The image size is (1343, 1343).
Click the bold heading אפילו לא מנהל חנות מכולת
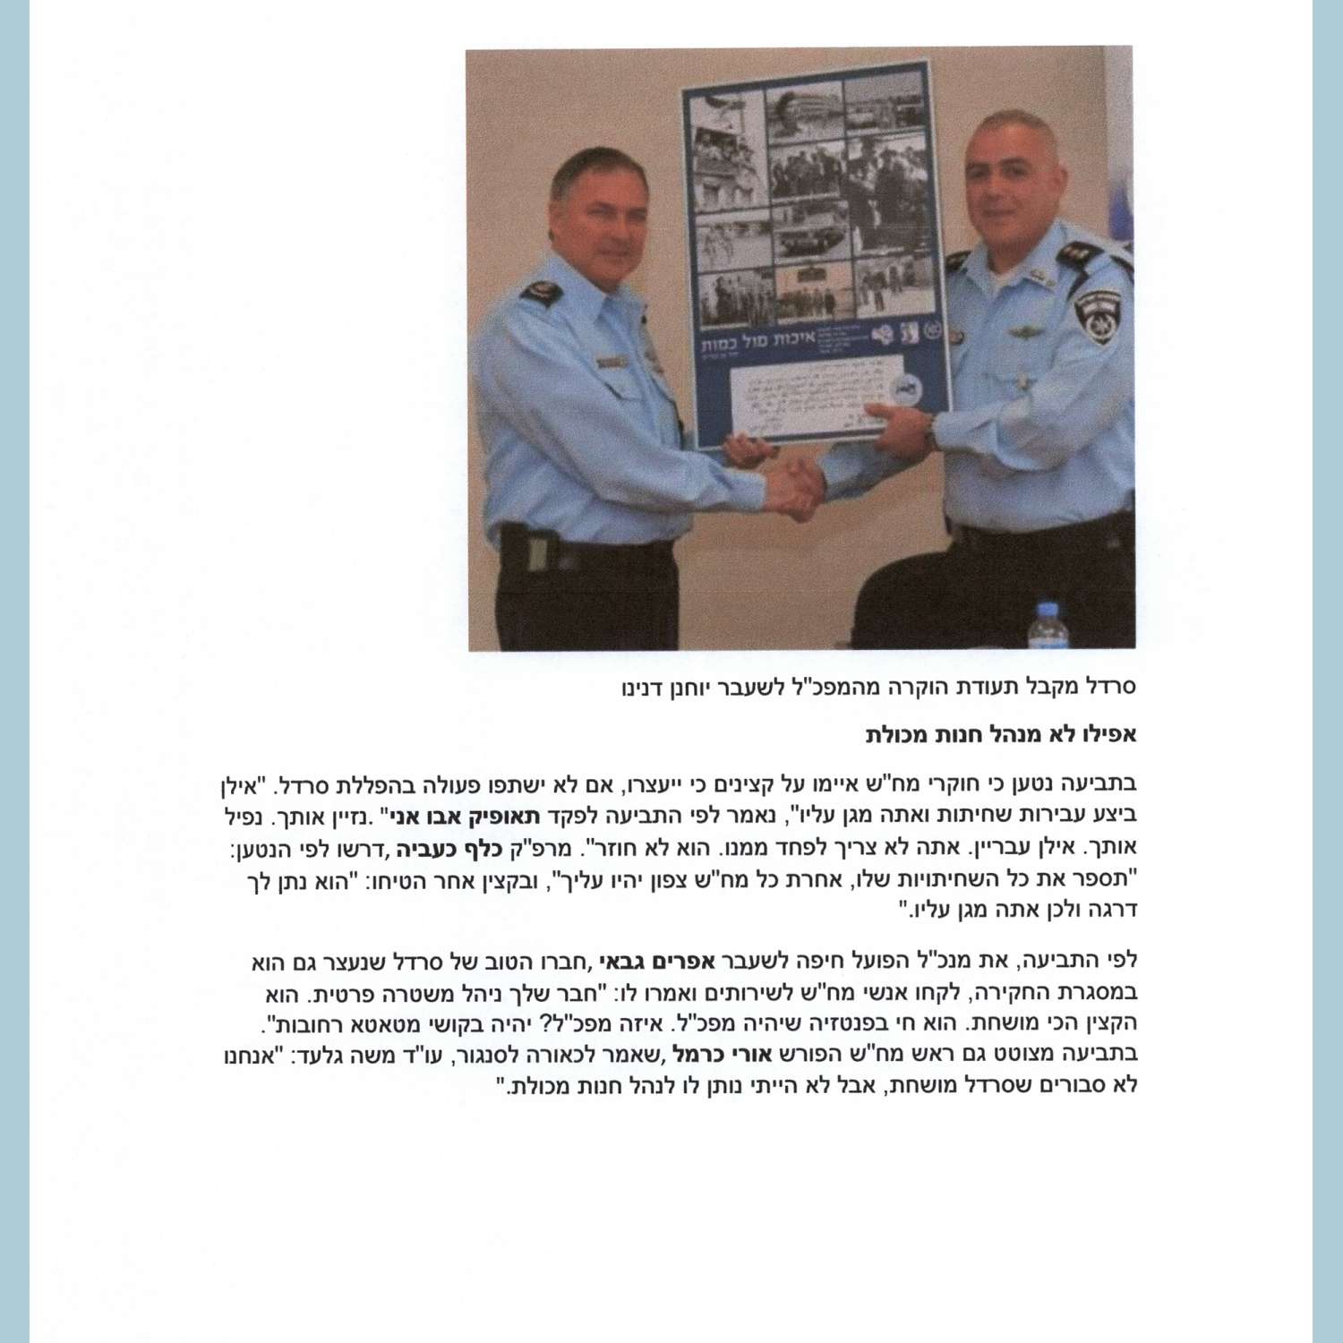pos(1000,735)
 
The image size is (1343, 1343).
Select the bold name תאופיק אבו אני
pos(461,816)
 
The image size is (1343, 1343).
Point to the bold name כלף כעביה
pos(441,847)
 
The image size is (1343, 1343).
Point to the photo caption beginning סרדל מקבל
pos(878,687)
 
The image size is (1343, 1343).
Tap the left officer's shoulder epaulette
pos(542,290)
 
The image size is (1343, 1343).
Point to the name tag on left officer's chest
pos(612,362)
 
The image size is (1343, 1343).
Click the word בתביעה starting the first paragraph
pos(1108,784)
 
